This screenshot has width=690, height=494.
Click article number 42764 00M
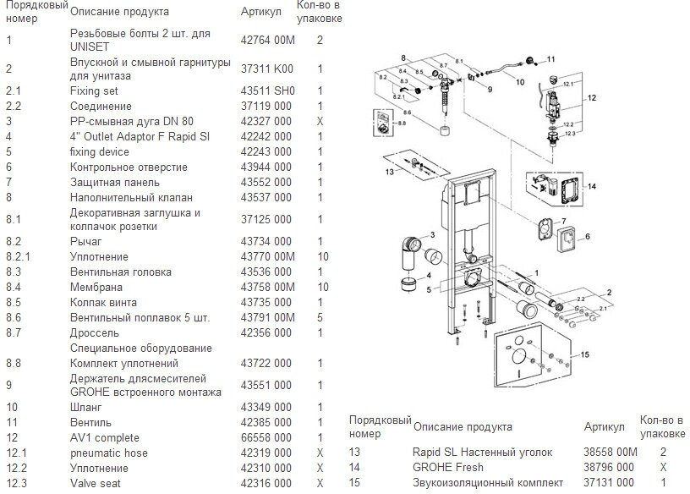268,41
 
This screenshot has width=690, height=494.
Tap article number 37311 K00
267,69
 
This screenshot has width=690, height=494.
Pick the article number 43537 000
266,197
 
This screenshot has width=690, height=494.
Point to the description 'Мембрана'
95,288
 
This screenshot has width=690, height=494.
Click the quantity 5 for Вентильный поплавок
320,318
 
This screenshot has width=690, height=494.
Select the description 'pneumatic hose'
110,453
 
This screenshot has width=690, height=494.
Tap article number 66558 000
266,438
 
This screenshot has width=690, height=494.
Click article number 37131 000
609,482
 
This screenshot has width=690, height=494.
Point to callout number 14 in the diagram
591,186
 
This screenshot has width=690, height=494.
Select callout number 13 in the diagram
390,171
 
